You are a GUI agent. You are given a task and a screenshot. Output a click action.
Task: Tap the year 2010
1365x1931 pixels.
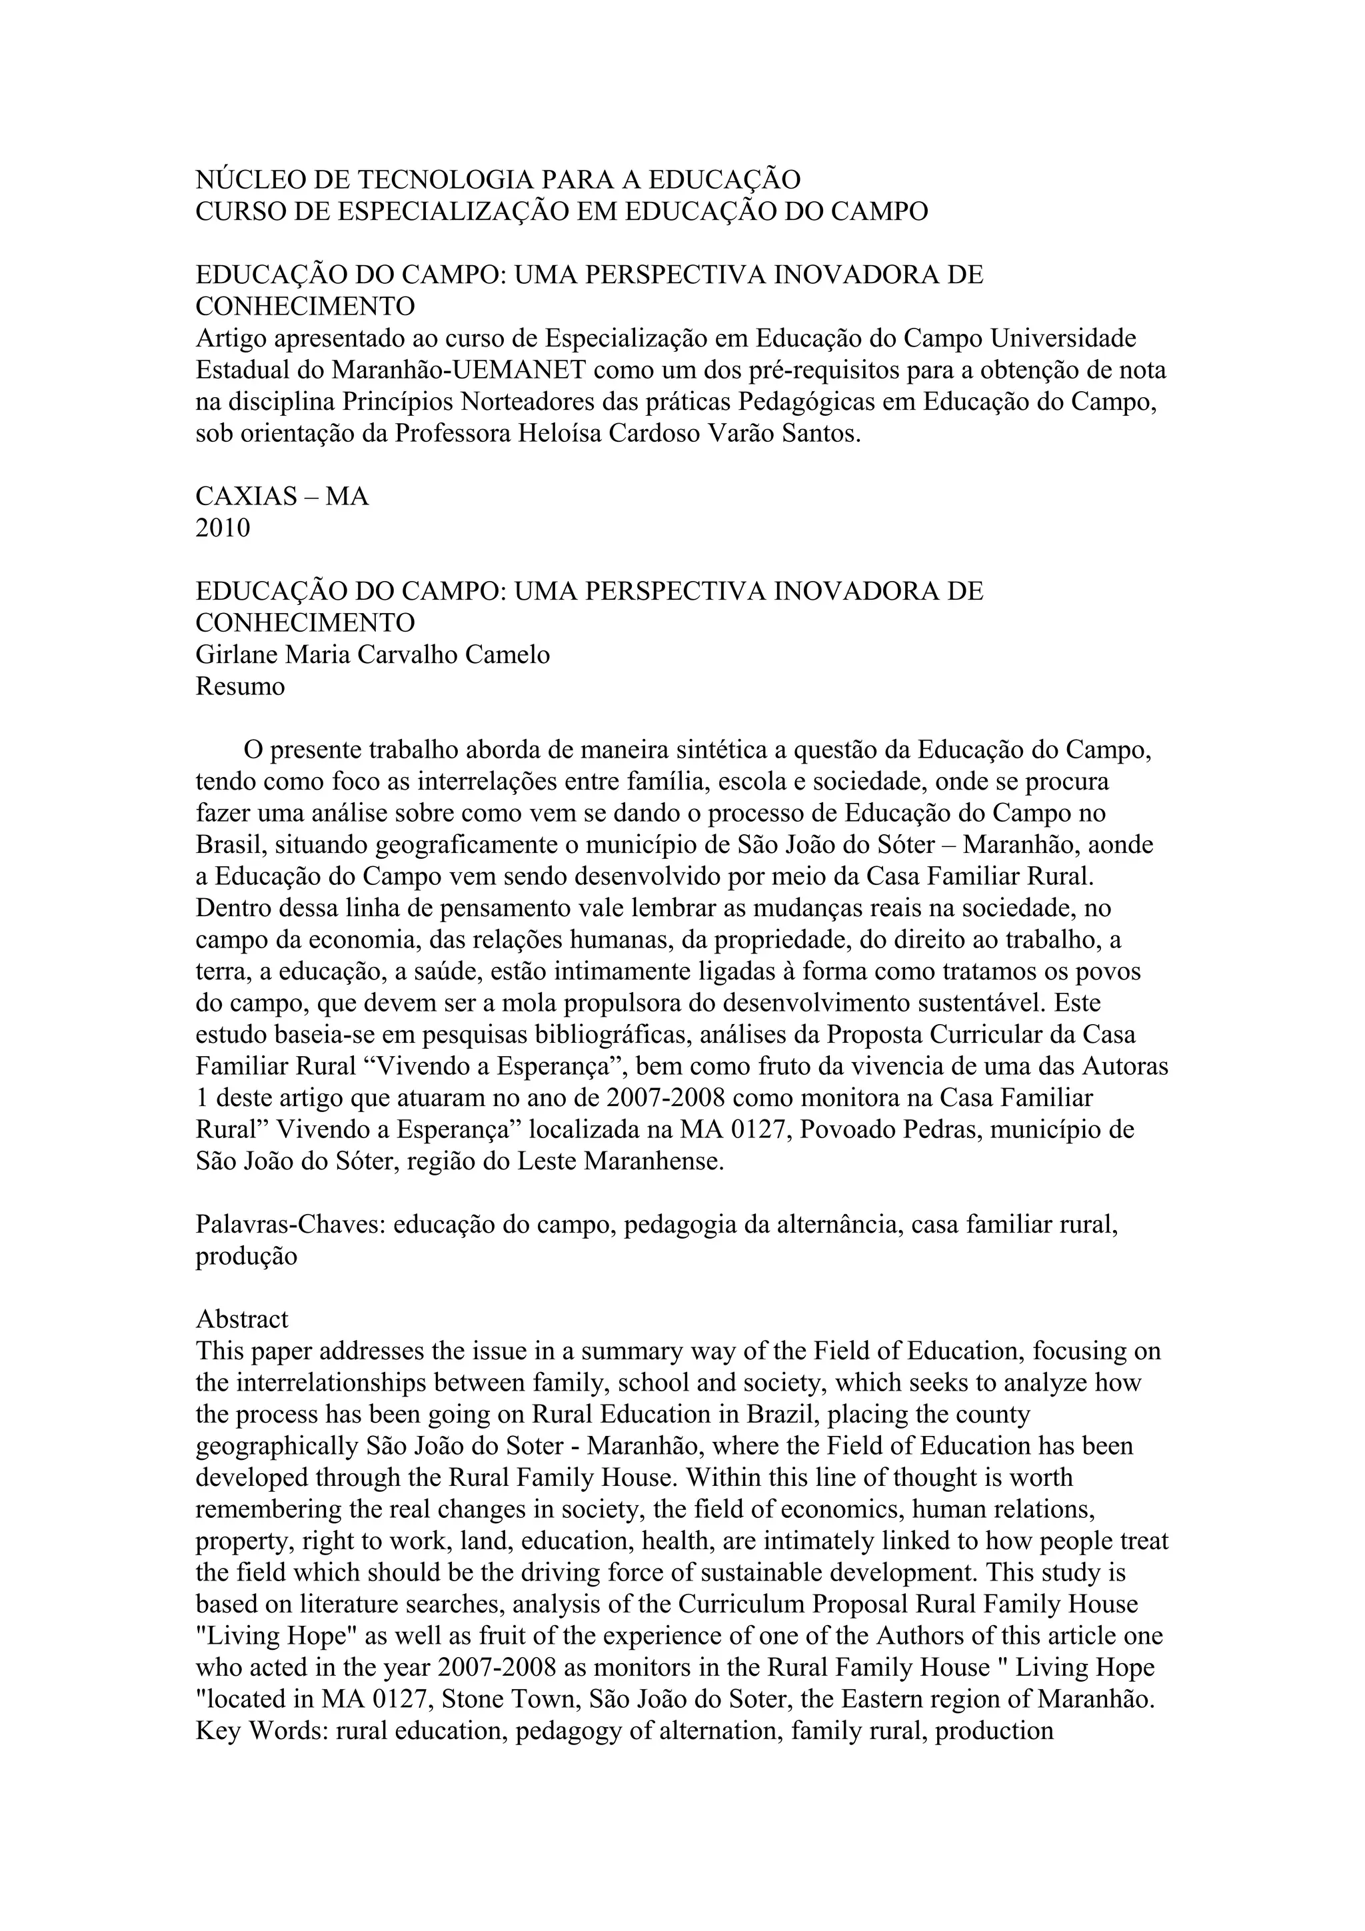(223, 528)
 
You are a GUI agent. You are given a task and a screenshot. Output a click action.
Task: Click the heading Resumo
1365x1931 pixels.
(241, 686)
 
